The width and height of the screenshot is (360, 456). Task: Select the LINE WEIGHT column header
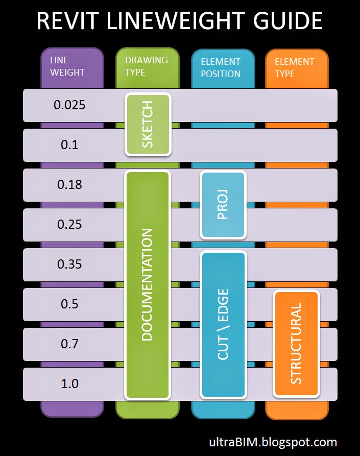click(67, 66)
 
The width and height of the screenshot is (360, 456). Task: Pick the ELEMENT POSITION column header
click(221, 67)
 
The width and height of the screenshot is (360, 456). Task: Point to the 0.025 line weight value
click(69, 105)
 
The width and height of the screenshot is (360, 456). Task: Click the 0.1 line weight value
click(69, 145)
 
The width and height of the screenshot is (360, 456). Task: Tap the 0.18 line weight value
click(69, 185)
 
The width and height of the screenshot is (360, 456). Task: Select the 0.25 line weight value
click(69, 225)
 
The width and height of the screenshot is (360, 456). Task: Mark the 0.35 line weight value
click(69, 265)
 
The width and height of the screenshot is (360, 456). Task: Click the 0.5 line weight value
click(69, 304)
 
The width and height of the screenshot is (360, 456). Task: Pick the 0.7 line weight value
click(69, 344)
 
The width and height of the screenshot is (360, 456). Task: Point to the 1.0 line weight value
click(69, 384)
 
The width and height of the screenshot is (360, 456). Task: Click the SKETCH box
click(148, 124)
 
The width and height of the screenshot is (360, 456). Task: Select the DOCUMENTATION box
click(147, 284)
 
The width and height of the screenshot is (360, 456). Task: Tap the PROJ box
click(223, 205)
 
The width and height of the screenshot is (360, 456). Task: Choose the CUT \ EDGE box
click(223, 324)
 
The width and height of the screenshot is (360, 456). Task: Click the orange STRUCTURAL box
click(296, 344)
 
